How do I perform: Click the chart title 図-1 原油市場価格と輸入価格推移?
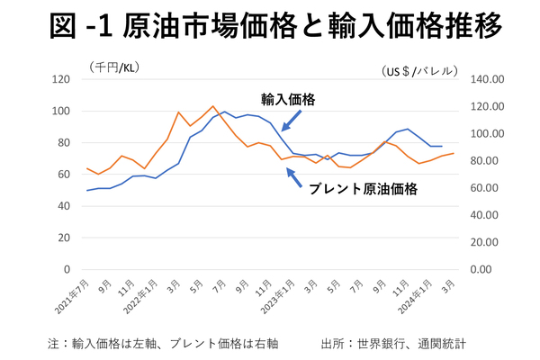coord(270,28)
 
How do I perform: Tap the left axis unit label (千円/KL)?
coord(114,66)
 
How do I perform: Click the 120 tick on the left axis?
coord(62,79)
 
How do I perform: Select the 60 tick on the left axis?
coord(65,175)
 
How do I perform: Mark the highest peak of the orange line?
coord(212,106)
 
